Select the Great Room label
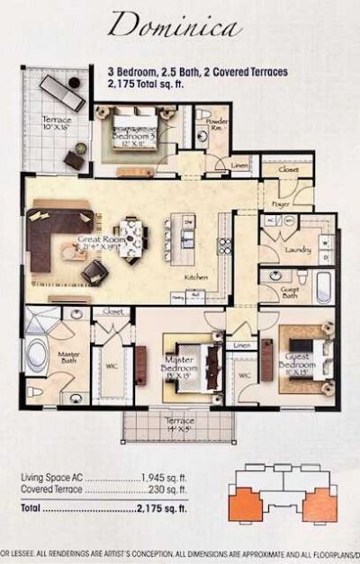click(98, 239)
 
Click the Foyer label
click(280, 204)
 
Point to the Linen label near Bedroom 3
click(238, 165)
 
